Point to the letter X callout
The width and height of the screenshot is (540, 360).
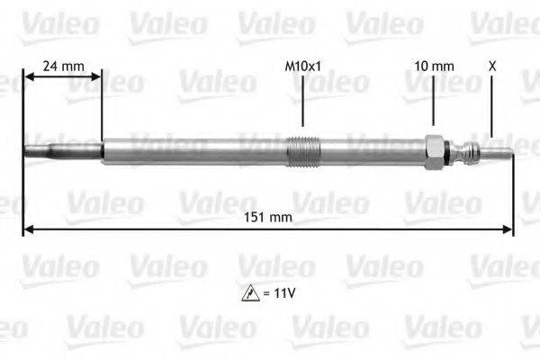click(x=491, y=66)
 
